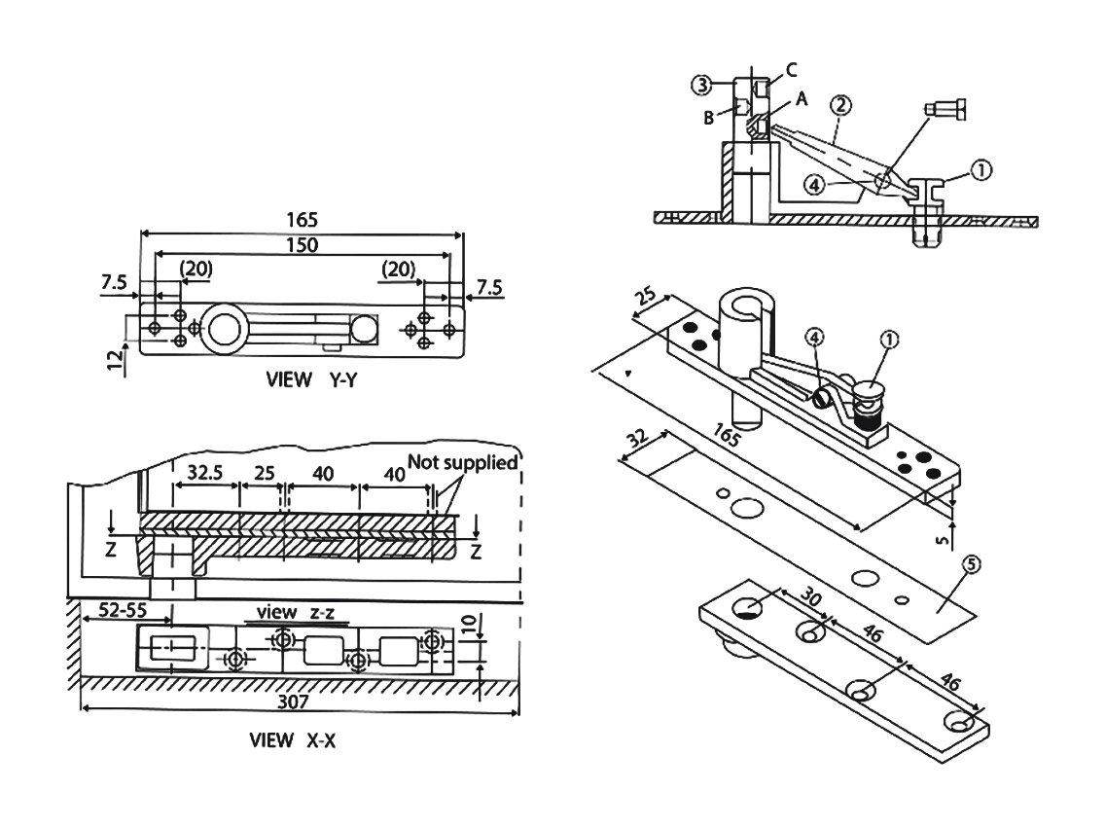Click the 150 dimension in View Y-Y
(x=302, y=244)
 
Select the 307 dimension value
(x=293, y=701)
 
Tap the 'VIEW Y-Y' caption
(x=311, y=379)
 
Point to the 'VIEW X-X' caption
(x=292, y=740)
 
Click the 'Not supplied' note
(x=463, y=462)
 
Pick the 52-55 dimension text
(x=123, y=610)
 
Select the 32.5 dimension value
(x=205, y=473)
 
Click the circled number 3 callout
(x=701, y=86)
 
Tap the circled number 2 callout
(x=840, y=105)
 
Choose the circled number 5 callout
(x=971, y=564)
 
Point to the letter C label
(x=791, y=70)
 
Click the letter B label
(x=709, y=118)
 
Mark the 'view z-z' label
(x=296, y=612)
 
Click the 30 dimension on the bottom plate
(x=812, y=597)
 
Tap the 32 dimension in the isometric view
(x=638, y=439)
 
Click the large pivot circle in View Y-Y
(x=224, y=328)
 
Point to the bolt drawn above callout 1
(x=945, y=111)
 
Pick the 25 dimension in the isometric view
(x=646, y=297)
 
